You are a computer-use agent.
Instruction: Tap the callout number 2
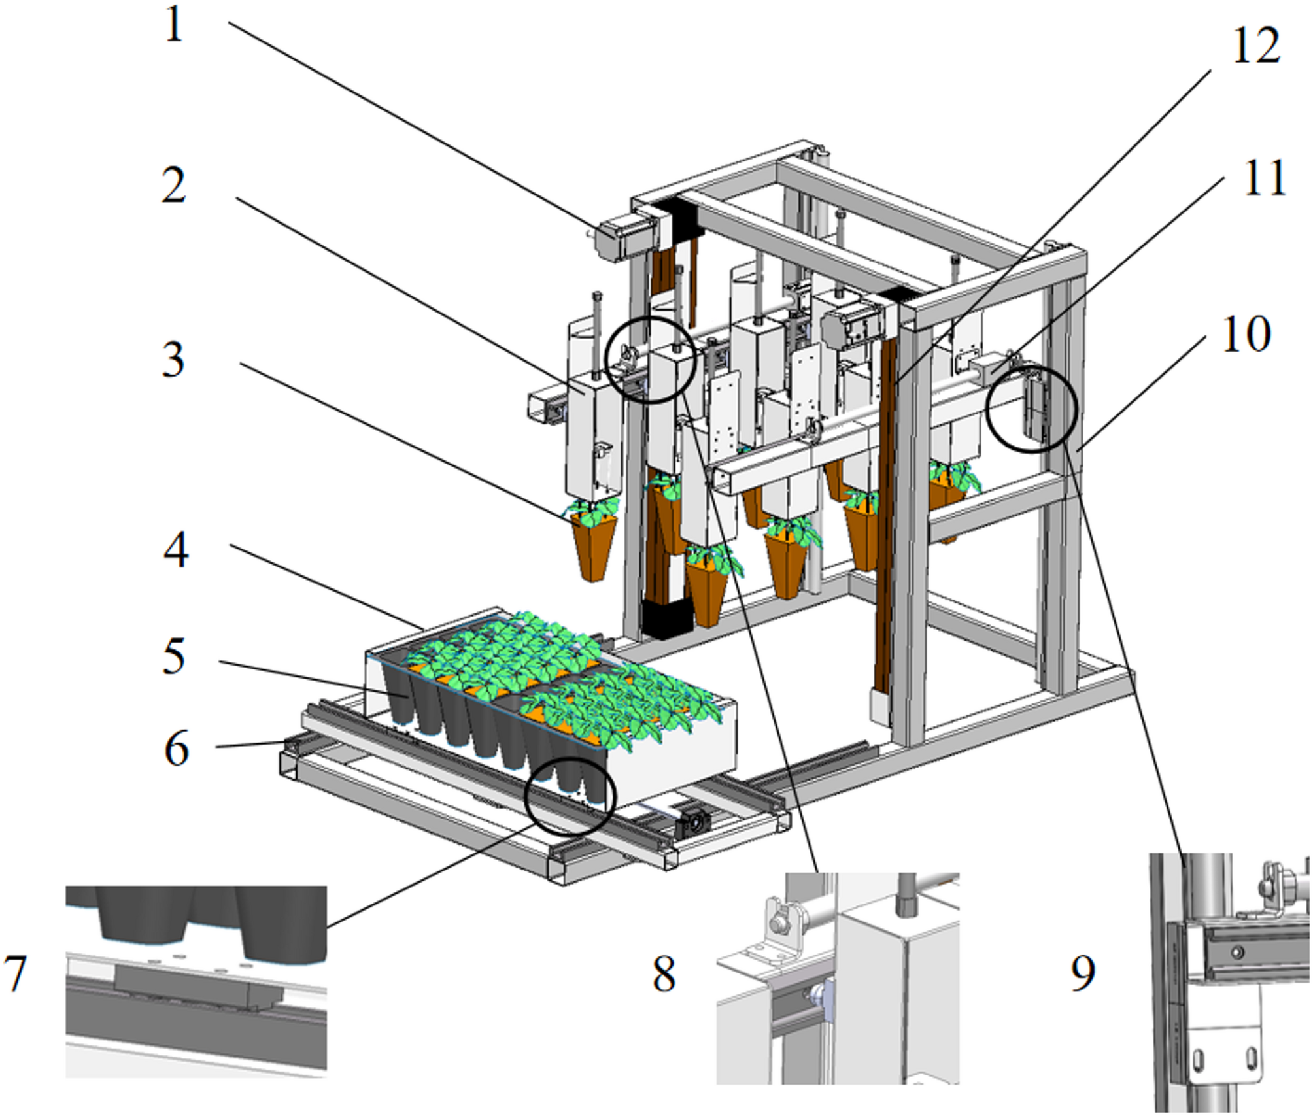[174, 186]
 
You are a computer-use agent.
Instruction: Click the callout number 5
[174, 656]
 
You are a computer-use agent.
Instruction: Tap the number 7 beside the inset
[16, 973]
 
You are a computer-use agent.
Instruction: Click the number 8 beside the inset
[664, 973]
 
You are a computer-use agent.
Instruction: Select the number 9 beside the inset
[1082, 973]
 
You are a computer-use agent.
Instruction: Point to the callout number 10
[1246, 335]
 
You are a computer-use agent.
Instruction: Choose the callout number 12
[1255, 46]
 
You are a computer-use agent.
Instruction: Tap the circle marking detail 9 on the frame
[1031, 408]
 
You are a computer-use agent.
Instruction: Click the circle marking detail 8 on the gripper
[651, 360]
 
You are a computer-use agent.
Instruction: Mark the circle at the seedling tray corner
[570, 796]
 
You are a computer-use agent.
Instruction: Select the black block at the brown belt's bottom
[666, 618]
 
